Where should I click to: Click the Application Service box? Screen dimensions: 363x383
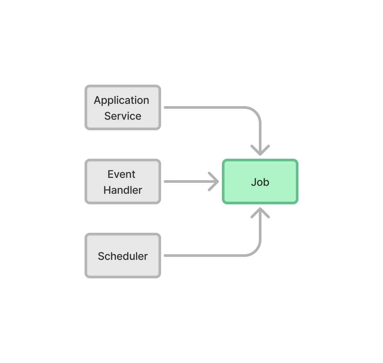coord(123,108)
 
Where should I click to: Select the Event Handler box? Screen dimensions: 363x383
coord(123,182)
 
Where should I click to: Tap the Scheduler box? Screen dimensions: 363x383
coord(123,256)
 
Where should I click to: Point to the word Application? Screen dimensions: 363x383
coord(122,100)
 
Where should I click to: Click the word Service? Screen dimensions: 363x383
coord(123,116)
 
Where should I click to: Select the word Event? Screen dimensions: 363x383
coord(122,174)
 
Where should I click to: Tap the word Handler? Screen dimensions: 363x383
coord(123,190)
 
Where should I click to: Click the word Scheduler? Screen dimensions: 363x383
coord(123,256)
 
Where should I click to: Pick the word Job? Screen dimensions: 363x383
coord(260,182)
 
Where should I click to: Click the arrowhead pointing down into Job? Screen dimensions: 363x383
coord(260,150)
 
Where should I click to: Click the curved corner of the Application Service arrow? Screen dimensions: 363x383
coord(256,112)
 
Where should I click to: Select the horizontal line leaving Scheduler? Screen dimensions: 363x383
coord(205,257)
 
